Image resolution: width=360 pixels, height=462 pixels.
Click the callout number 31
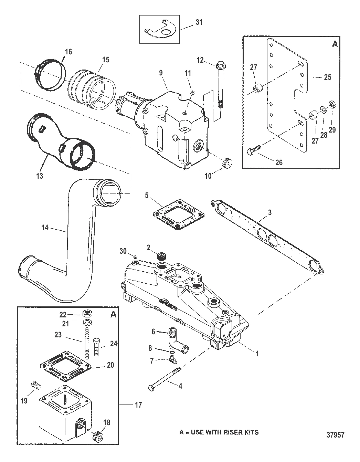point(199,22)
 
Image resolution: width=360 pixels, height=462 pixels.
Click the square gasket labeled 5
point(178,214)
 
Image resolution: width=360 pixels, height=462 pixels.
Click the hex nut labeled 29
point(331,104)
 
